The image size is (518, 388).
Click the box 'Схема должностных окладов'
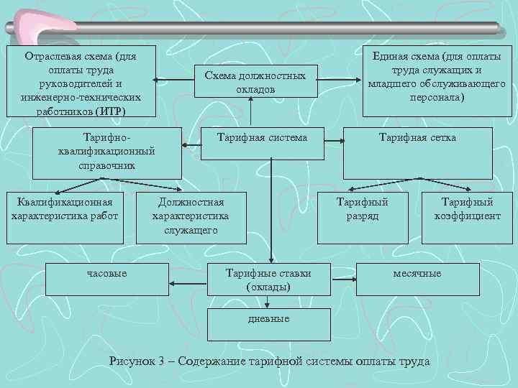click(x=250, y=82)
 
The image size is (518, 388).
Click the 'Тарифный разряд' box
click(x=363, y=210)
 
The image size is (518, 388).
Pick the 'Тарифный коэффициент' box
click(x=467, y=210)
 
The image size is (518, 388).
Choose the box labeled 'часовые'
click(x=107, y=274)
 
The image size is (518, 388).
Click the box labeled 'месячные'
click(x=417, y=274)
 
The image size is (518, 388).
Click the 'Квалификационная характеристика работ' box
click(x=64, y=210)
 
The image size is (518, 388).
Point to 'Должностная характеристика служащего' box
click(x=191, y=216)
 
